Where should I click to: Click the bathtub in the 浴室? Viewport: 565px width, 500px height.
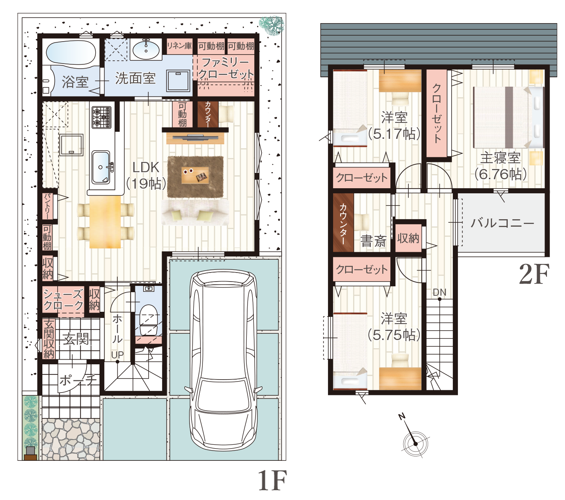coord(71,52)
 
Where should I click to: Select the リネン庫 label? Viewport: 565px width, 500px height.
coord(179,46)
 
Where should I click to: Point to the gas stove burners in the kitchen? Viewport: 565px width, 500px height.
coord(102,117)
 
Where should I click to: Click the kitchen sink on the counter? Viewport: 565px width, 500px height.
coord(101,167)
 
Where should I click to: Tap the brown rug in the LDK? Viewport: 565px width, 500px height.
coord(195,177)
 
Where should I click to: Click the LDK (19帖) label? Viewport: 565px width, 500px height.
coord(146,175)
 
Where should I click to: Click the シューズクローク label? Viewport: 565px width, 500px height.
coord(63,300)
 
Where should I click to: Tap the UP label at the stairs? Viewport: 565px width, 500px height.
coord(117,355)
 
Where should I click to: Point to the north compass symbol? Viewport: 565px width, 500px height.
coord(416,443)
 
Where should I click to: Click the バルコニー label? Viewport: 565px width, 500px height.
coord(502,223)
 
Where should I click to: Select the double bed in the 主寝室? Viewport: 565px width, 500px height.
coord(508,117)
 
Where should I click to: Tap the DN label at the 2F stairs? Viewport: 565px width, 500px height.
coord(439,293)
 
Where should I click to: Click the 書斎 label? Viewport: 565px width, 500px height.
coord(373,241)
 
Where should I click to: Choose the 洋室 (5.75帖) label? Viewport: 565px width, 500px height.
coord(394,327)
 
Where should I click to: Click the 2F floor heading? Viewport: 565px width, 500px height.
coord(534,274)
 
